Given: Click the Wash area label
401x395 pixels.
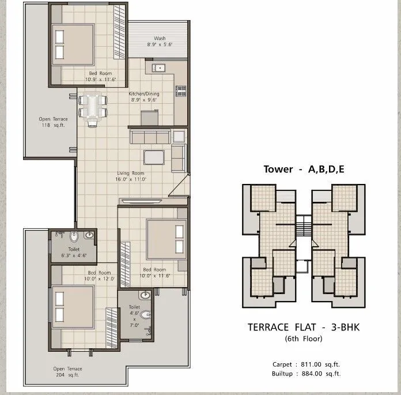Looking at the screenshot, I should pos(160,41).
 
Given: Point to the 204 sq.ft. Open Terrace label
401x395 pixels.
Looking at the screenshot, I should pos(68,371).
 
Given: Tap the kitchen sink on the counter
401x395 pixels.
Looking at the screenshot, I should pos(159,69).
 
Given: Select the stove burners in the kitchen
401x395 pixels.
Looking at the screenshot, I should pos(181,91).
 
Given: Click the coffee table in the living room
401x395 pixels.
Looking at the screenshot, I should pos(154,157).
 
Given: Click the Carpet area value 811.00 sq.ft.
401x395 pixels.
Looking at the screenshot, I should pos(317,364).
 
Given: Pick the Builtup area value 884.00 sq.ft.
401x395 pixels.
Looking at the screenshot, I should pos(317,374).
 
